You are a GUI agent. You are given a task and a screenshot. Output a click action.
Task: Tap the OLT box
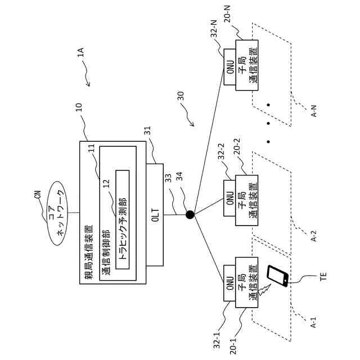(x=155, y=214)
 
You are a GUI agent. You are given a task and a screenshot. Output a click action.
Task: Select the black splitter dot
(x=190, y=214)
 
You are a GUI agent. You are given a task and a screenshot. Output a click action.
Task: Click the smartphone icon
(x=276, y=276)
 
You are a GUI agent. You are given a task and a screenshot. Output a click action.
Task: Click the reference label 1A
(x=80, y=54)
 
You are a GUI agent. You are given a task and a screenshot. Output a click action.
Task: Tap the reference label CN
(x=38, y=196)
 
